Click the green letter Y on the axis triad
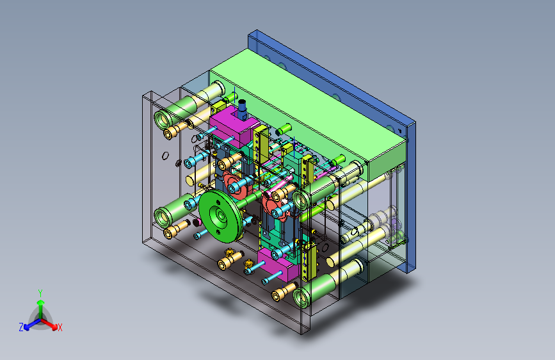(x=40, y=293)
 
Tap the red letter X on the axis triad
(x=60, y=328)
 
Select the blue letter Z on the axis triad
(x=21, y=327)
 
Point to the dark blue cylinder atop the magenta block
(x=242, y=109)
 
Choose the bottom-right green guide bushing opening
(x=302, y=297)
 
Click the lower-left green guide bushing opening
(x=163, y=217)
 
